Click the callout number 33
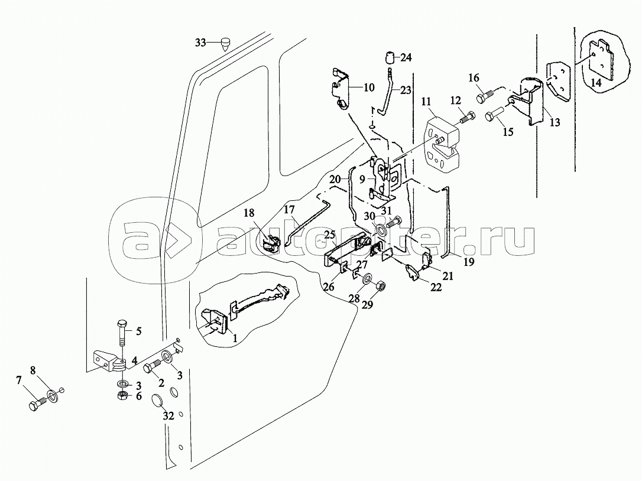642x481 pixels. point(201,42)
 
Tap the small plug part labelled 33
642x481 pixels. point(225,43)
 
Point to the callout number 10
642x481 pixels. point(369,88)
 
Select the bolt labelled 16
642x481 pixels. point(483,94)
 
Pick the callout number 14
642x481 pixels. point(595,83)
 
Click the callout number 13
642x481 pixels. point(554,123)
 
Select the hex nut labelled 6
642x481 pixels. point(121,395)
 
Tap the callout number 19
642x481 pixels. point(469,262)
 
